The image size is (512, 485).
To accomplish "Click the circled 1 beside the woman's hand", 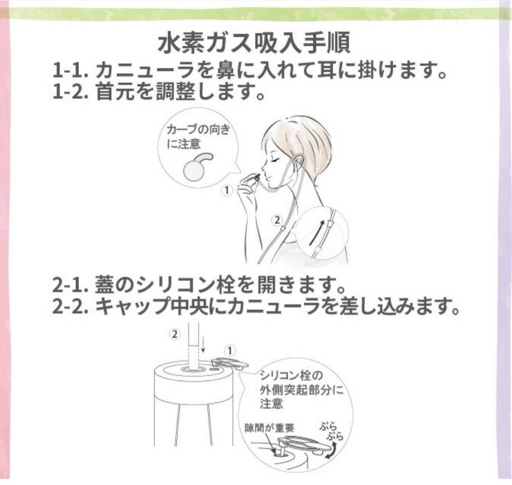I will click(x=227, y=191).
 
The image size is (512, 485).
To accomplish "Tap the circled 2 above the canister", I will click(x=175, y=334).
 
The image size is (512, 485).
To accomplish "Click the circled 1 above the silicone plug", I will click(x=229, y=351).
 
